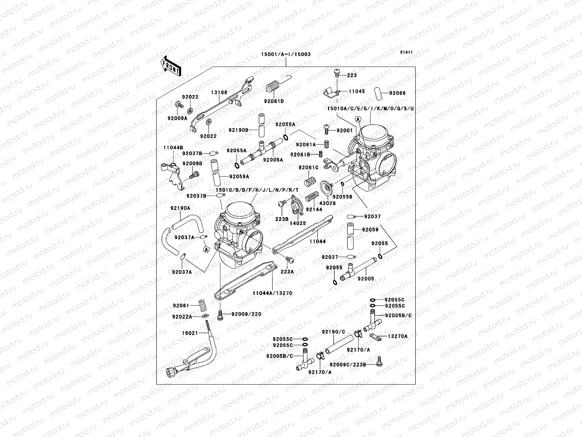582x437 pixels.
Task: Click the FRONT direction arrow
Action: [x=171, y=66]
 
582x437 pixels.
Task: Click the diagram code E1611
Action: [x=406, y=52]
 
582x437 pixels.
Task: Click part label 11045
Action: [x=356, y=91]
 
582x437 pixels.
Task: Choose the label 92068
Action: [x=397, y=93]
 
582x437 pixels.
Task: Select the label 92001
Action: [x=344, y=130]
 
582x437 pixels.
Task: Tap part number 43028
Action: [x=328, y=203]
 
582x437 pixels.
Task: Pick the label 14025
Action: [x=298, y=223]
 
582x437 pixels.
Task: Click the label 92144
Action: [x=314, y=209]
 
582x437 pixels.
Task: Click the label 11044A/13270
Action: [x=272, y=293]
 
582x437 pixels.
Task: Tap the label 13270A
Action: [x=398, y=336]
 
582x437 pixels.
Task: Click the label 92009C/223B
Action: [x=348, y=364]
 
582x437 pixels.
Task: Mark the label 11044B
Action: [x=173, y=148]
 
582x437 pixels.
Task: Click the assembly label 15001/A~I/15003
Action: [x=286, y=54]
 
